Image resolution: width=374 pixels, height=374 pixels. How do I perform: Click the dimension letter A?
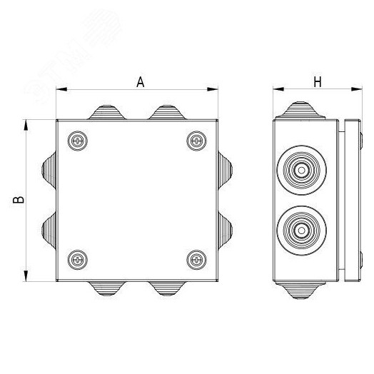coord(141,82)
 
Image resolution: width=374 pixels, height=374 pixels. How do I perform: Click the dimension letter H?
coord(317,82)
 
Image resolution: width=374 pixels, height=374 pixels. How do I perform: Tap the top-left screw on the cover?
coord(76,141)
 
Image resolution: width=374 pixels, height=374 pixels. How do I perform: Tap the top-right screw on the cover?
coord(194,141)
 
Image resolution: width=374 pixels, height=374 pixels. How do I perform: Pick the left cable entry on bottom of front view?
coord(105,289)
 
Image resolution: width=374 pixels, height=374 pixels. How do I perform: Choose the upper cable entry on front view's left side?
coord(49,170)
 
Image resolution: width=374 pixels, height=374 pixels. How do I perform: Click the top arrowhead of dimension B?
coord(26,123)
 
